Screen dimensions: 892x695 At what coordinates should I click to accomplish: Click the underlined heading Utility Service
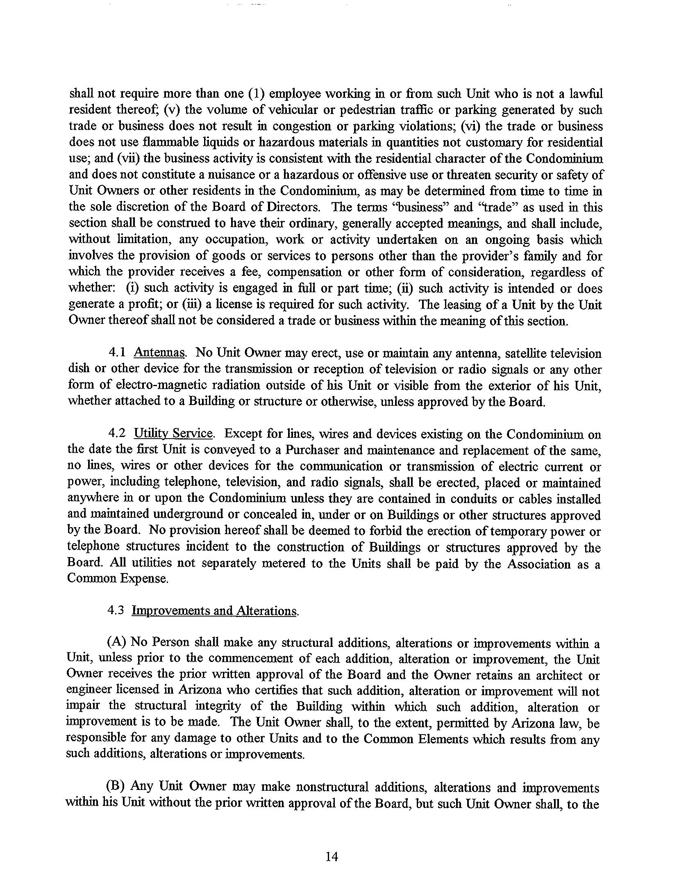(x=173, y=434)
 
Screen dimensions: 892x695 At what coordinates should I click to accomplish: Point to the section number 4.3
(x=116, y=610)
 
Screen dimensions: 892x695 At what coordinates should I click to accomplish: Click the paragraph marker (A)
(x=116, y=643)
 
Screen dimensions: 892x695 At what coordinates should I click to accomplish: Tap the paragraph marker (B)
(x=116, y=787)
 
